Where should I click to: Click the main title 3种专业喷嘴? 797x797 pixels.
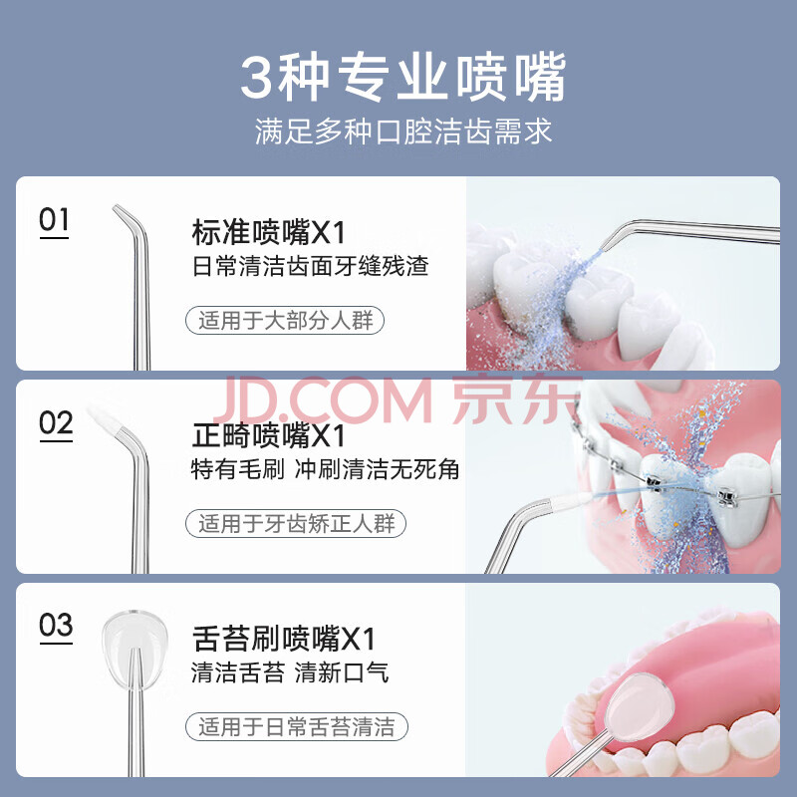pyautogui.click(x=403, y=77)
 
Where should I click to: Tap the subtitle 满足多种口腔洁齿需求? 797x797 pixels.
pyautogui.click(x=403, y=132)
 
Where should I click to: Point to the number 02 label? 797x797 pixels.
pyautogui.click(x=56, y=424)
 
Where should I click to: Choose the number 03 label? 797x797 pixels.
pyautogui.click(x=56, y=627)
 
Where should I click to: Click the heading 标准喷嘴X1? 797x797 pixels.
pyautogui.click(x=268, y=233)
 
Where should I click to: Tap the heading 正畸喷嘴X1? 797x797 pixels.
pyautogui.click(x=268, y=436)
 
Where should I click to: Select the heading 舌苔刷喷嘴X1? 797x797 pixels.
pyautogui.click(x=284, y=639)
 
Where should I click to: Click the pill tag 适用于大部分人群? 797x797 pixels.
pyautogui.click(x=285, y=320)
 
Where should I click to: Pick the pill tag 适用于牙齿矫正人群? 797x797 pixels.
pyautogui.click(x=296, y=524)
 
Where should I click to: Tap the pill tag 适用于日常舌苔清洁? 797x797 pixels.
pyautogui.click(x=297, y=727)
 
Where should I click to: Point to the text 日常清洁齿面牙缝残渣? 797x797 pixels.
pyautogui.click(x=311, y=266)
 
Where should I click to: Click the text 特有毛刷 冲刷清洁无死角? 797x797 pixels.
pyautogui.click(x=326, y=469)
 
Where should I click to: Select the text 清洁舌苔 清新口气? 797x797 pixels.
pyautogui.click(x=290, y=672)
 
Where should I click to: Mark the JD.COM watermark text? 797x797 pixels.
pyautogui.click(x=322, y=400)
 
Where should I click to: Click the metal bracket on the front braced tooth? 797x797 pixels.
pyautogui.click(x=655, y=482)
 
